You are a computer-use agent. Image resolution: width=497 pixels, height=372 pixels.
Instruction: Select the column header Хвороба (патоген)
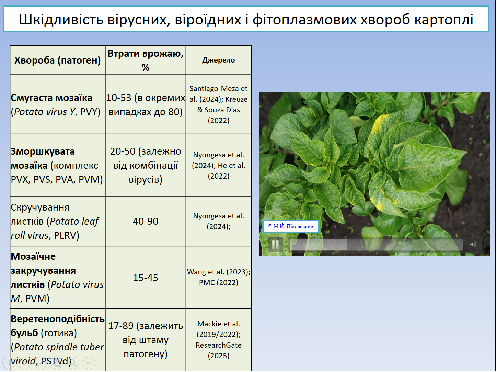(58, 60)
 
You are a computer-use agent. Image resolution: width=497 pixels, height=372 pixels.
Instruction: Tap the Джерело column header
(219, 60)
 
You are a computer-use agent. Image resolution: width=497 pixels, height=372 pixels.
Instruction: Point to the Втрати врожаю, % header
(146, 60)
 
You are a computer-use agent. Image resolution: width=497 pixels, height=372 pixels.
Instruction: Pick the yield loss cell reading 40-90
(146, 221)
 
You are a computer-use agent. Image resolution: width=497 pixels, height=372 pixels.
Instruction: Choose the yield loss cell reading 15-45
(146, 278)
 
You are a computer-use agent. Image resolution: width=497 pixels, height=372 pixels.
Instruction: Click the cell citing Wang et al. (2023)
(219, 277)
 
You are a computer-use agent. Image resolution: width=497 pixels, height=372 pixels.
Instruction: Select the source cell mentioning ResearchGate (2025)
(219, 340)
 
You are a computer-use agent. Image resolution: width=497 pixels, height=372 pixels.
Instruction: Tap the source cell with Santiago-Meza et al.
(219, 104)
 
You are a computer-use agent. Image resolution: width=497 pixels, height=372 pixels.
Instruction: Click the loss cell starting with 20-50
(146, 165)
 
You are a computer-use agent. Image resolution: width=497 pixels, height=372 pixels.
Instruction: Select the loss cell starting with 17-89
(146, 340)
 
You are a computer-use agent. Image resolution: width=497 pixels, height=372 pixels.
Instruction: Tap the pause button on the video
(275, 245)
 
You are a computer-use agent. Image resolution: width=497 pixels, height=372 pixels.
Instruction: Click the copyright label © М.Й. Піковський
(291, 226)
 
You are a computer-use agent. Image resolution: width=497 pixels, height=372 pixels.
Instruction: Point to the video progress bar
(376, 245)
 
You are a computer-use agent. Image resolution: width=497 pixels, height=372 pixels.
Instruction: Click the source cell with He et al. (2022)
(219, 166)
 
